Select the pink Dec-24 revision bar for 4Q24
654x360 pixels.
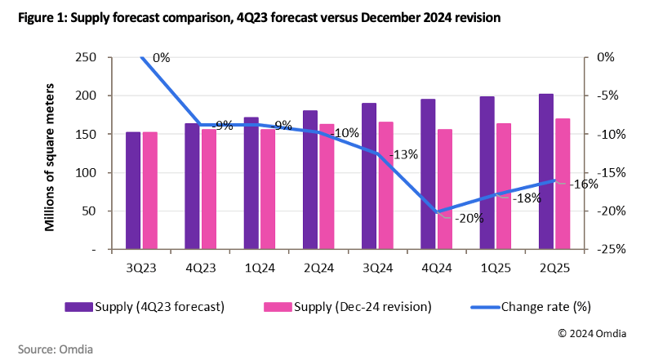coord(445,189)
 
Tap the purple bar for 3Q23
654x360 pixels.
coord(132,190)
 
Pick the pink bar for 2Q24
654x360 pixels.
coord(327,186)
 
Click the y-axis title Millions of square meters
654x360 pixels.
coord(50,153)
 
